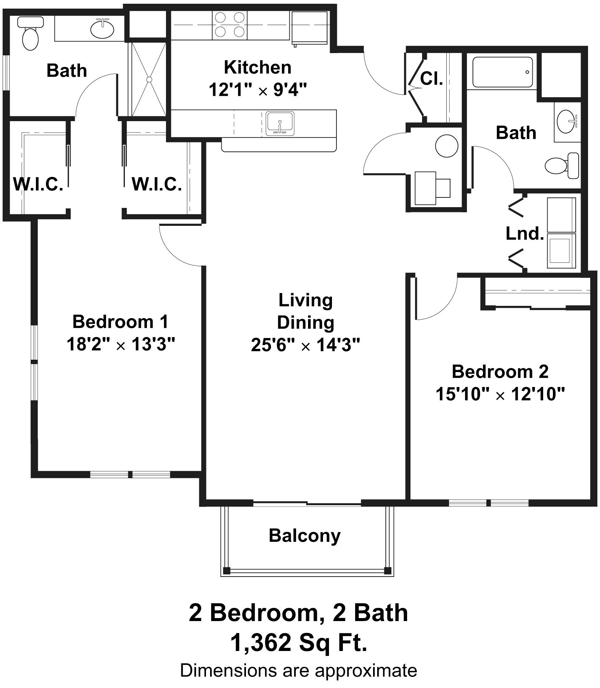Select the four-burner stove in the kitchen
point(230,25)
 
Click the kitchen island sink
point(280,123)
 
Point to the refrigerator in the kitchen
point(309,28)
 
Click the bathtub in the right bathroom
point(502,72)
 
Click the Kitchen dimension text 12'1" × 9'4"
point(258,90)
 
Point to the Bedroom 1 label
point(120,322)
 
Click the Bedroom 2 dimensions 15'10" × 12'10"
point(500,394)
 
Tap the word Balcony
point(305,535)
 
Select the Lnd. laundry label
point(524,234)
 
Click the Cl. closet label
point(431,79)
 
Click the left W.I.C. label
point(38,184)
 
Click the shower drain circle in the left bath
point(149,79)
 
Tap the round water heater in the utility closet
point(447,146)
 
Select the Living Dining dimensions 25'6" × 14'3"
point(305,345)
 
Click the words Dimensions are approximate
point(299,670)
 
